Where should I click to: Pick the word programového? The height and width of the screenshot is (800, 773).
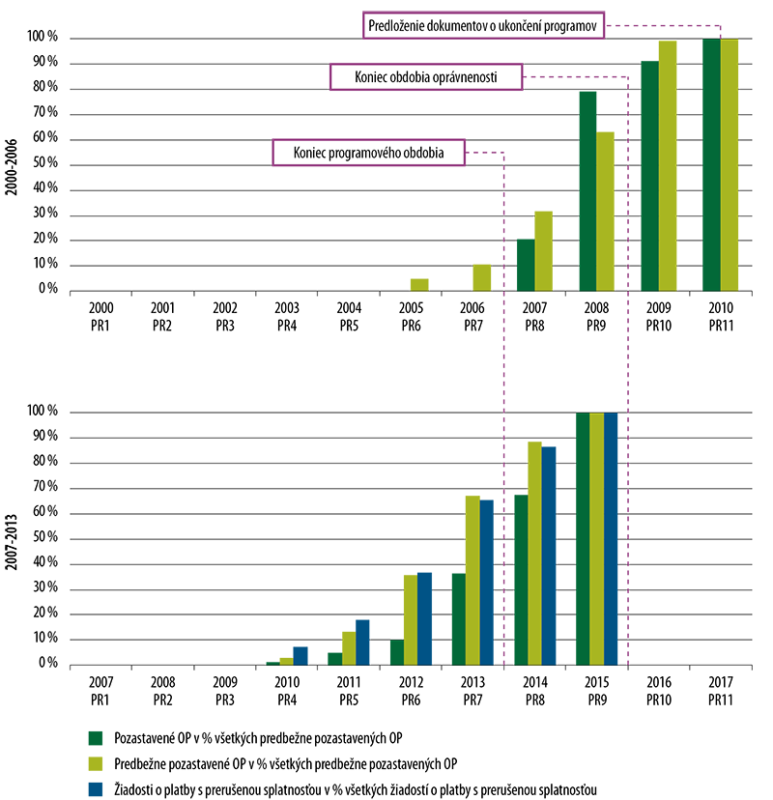pyautogui.click(x=362, y=153)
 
